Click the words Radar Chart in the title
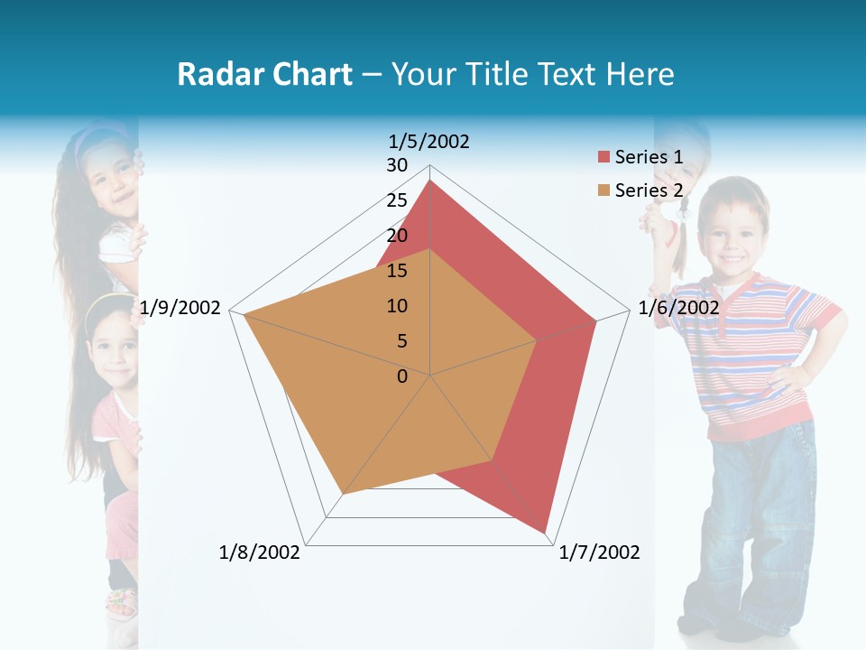coord(264,74)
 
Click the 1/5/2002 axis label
coord(428,142)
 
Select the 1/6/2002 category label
coord(678,308)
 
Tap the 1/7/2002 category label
coord(600,552)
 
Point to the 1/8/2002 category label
coord(260,552)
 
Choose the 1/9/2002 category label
coord(180,308)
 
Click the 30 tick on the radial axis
coord(397,165)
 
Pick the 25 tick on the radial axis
coord(397,200)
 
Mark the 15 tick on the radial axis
coord(397,271)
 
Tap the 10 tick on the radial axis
coord(397,306)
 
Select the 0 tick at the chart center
coord(402,376)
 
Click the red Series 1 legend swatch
coord(603,157)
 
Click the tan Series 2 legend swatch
coord(603,190)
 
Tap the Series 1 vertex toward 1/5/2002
coord(430,181)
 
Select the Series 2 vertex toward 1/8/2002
coord(344,494)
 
